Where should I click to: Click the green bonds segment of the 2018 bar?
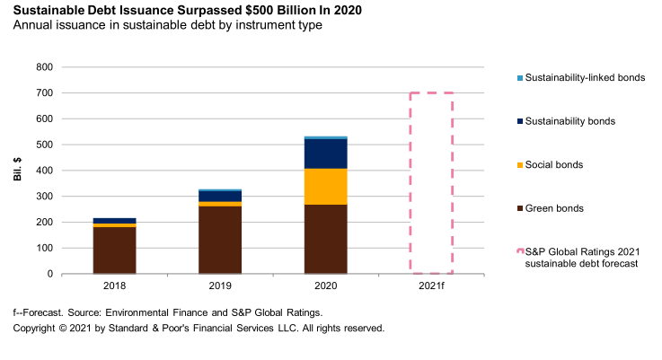pyautogui.click(x=114, y=250)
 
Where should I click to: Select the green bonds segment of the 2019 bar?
pyautogui.click(x=220, y=240)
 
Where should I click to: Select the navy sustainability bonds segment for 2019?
pyautogui.click(x=220, y=196)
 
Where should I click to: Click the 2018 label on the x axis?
pyautogui.click(x=114, y=285)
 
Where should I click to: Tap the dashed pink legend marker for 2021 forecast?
pyautogui.click(x=517, y=252)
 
